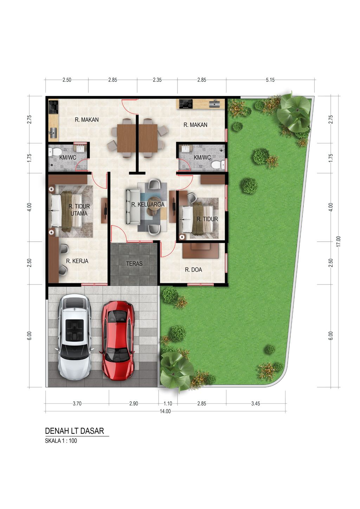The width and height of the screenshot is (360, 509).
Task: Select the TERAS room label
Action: pos(134,263)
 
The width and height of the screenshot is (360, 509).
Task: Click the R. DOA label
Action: pos(193,270)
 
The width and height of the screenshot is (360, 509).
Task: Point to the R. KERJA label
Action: pos(77,261)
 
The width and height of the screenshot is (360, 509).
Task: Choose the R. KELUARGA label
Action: pos(148,204)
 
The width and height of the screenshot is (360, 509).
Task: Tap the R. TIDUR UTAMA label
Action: pos(79,210)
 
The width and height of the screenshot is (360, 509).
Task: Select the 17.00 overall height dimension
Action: pos(339,241)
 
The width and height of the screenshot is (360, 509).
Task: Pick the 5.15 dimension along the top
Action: pos(270,80)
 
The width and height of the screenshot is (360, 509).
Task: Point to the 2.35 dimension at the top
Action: pos(157,80)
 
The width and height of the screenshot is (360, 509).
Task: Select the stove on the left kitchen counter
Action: pos(53,107)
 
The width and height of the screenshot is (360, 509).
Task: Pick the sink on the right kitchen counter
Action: pos(214,104)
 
